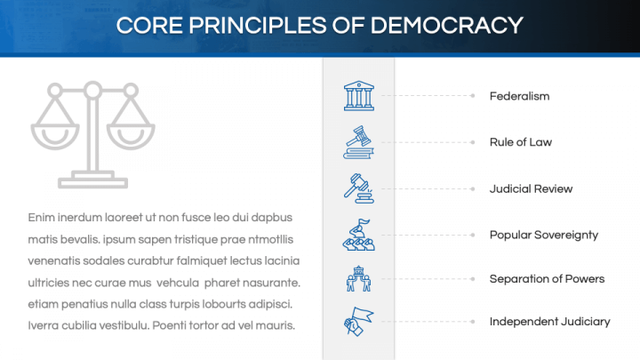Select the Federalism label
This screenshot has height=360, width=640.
pyautogui.click(x=519, y=96)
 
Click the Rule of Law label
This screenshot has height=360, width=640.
pyautogui.click(x=521, y=142)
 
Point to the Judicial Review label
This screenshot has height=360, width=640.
pyautogui.click(x=531, y=188)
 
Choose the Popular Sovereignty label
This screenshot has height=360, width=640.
pyautogui.click(x=543, y=235)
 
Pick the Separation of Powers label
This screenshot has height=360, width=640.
pyautogui.click(x=547, y=279)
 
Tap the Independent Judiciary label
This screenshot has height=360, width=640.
pyautogui.click(x=549, y=322)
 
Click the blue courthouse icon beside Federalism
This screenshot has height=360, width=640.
pyautogui.click(x=358, y=96)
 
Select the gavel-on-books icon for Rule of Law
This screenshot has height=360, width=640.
pyautogui.click(x=358, y=142)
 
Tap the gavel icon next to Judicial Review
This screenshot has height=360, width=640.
pyautogui.click(x=358, y=188)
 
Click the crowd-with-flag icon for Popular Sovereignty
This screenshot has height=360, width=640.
pyautogui.click(x=358, y=235)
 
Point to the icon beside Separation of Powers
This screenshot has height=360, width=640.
pyautogui.click(x=358, y=279)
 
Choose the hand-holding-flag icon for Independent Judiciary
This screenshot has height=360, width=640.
pyautogui.click(x=358, y=322)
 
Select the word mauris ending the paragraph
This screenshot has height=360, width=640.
pyautogui.click(x=274, y=325)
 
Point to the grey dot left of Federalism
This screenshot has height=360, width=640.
pyautogui.click(x=472, y=96)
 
